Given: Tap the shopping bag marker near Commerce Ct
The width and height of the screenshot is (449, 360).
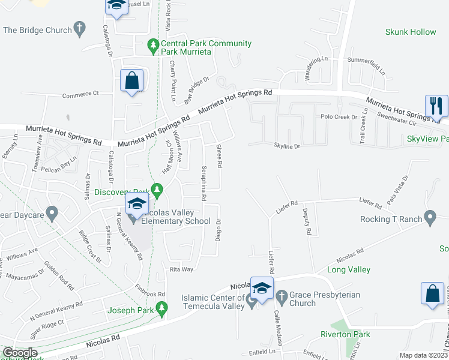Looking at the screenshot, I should click(131, 80).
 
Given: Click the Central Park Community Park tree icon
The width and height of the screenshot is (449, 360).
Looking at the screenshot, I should click(154, 44).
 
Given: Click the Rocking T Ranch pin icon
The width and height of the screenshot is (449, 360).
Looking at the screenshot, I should click(430, 218).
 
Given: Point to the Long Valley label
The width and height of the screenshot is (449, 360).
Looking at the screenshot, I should click(349, 270).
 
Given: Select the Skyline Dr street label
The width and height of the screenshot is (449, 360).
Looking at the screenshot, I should click(286, 146).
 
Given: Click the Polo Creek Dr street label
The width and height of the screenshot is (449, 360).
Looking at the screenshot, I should click(339, 116).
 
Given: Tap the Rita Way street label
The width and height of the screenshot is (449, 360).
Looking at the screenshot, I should click(181, 269).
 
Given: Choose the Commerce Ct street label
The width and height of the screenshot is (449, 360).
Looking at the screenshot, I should click(80, 94).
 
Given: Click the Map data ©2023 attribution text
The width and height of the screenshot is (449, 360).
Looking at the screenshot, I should click(423, 355).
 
